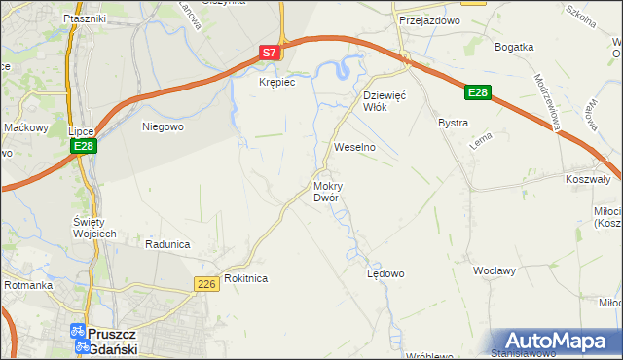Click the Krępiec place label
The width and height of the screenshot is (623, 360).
276,83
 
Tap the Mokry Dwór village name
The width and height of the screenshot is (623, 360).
326,192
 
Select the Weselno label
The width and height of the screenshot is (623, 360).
354,146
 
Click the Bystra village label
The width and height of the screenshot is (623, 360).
454,124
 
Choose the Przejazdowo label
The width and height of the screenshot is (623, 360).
421,19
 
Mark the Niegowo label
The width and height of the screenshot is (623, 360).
163,126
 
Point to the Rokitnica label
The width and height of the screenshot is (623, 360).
245,278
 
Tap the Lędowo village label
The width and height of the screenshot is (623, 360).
385,274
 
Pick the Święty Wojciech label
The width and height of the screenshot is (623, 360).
95,227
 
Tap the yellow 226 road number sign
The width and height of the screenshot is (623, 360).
204,283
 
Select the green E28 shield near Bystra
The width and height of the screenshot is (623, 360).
476,92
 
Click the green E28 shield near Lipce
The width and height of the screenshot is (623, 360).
83,146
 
